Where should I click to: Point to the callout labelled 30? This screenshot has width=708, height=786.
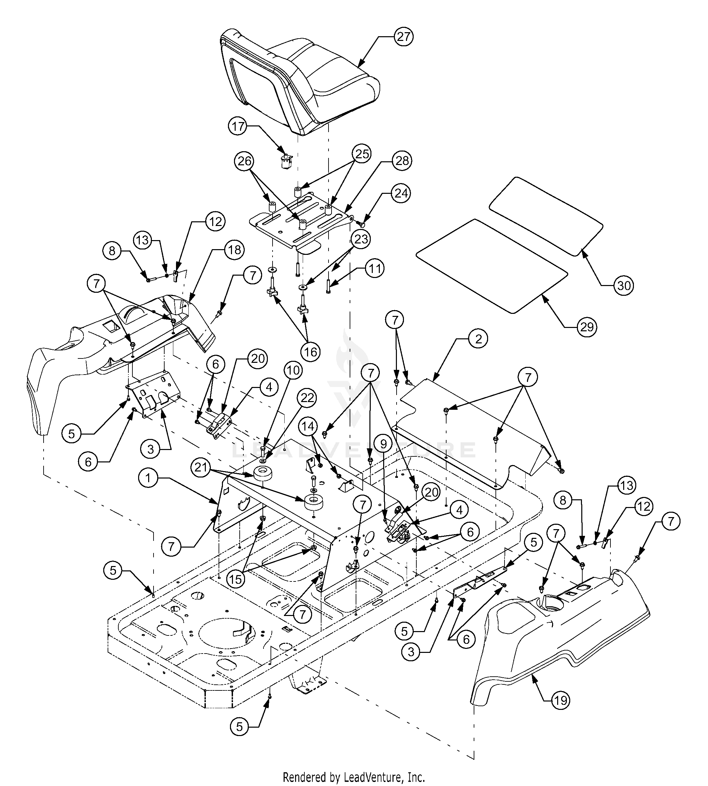(x=624, y=286)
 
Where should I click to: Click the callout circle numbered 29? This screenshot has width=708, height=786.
(x=587, y=327)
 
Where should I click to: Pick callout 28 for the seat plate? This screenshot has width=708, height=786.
(x=402, y=161)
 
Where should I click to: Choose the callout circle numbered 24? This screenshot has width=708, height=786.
(x=401, y=193)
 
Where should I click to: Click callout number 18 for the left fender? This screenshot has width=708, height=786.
(x=235, y=250)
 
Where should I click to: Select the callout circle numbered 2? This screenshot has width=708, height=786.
(x=478, y=339)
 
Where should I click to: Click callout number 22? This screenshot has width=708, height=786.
(x=307, y=398)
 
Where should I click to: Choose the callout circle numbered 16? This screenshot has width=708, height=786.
(x=310, y=352)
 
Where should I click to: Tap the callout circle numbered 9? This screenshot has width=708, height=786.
(x=383, y=444)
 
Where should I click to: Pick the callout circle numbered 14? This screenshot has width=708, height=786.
(x=308, y=427)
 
